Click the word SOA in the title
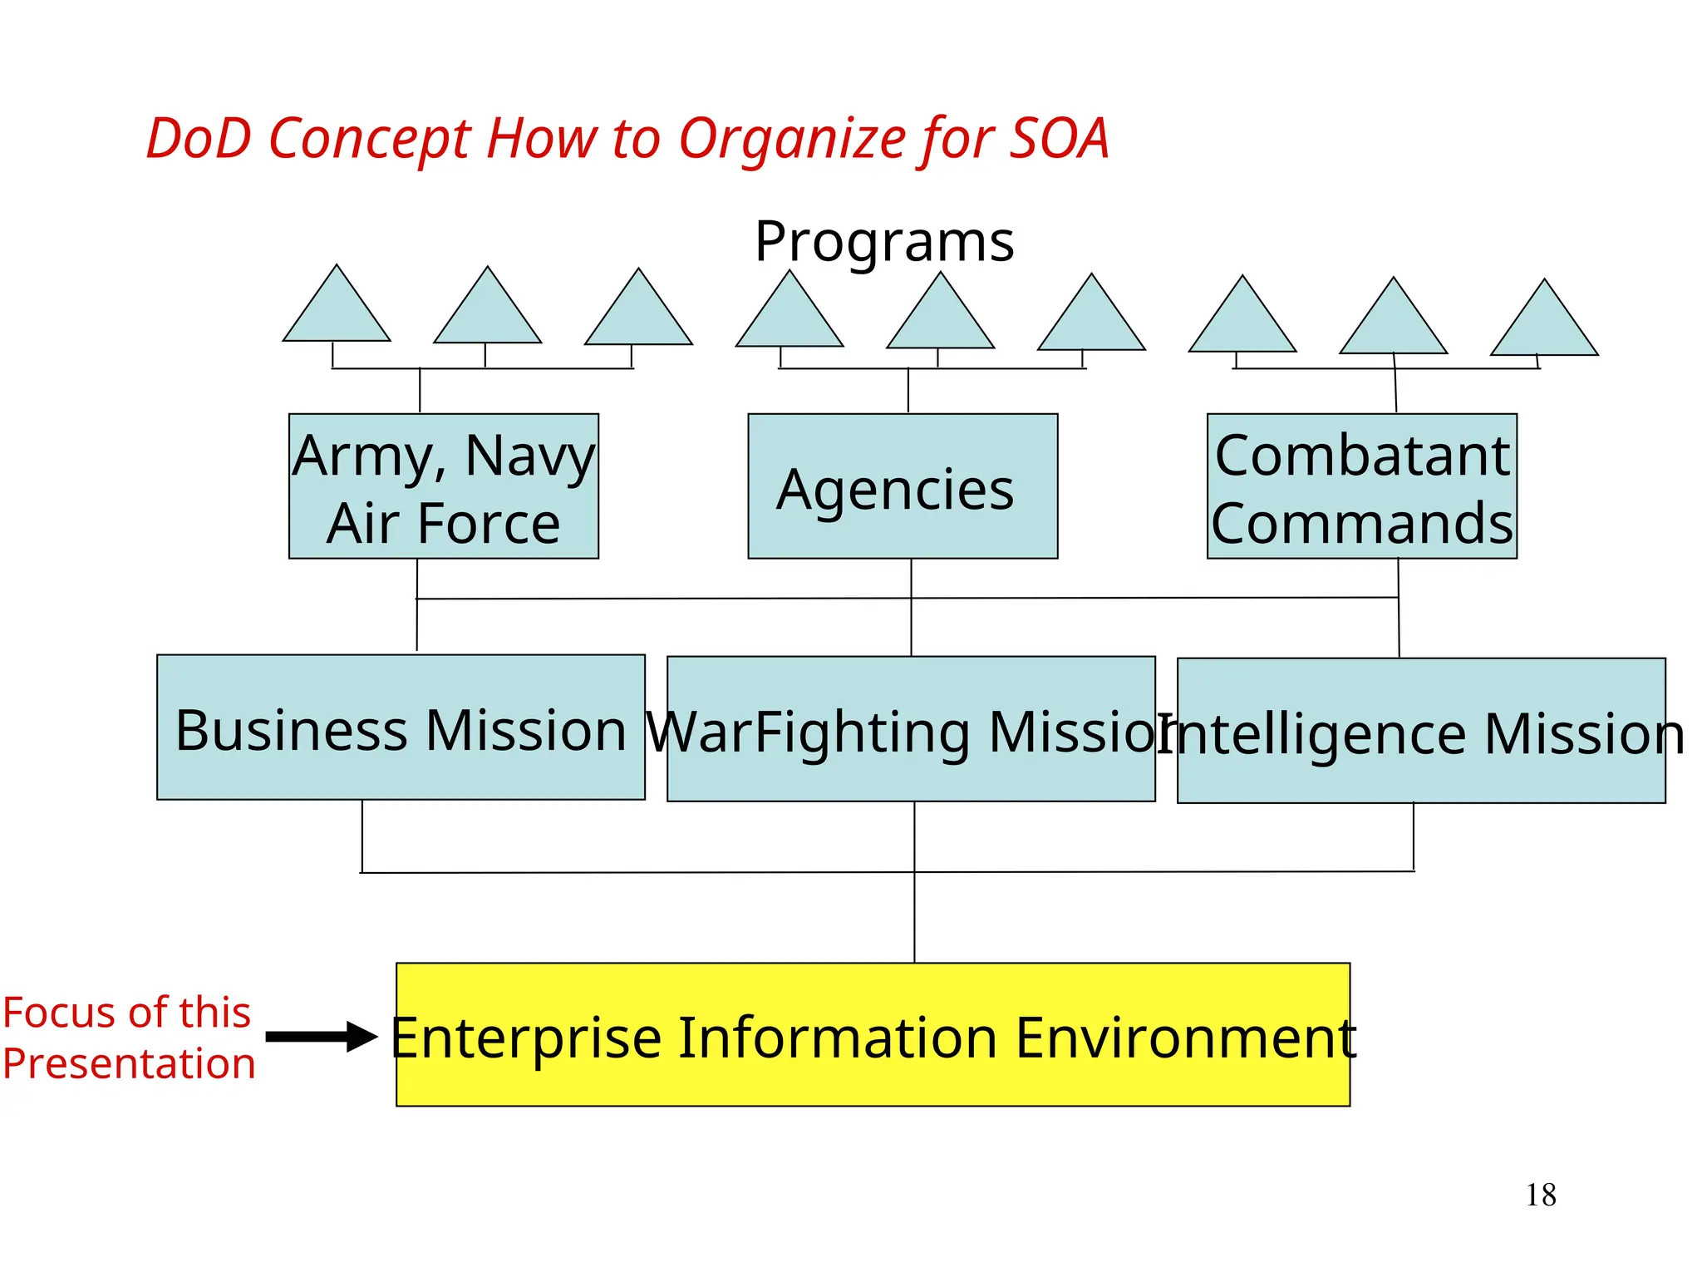click(x=1058, y=139)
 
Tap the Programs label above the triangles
click(x=883, y=242)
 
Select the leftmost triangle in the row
click(x=337, y=313)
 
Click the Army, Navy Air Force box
click(x=443, y=486)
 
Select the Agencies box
click(x=902, y=486)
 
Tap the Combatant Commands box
click(x=1361, y=486)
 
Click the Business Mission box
click(x=401, y=727)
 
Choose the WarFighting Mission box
click(x=910, y=729)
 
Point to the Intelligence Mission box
click(x=1420, y=731)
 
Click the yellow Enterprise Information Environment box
click(x=873, y=1035)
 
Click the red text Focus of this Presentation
click(x=128, y=1038)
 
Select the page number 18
click(x=1540, y=1196)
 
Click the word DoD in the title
click(x=199, y=139)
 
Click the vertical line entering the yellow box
click(x=914, y=915)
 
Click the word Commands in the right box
click(x=1361, y=523)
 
